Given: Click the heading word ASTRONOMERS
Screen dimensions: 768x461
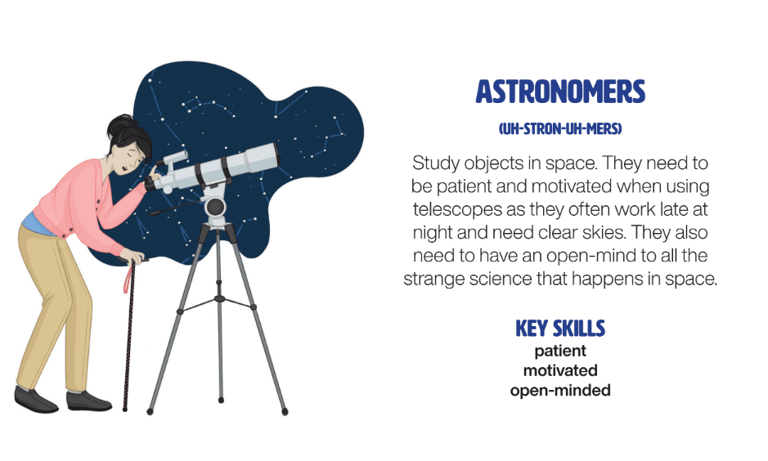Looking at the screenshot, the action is pos(560,92).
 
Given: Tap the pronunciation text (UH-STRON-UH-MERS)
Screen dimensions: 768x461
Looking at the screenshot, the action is pos(560,129).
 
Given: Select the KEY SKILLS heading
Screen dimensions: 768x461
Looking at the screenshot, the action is pos(560,329).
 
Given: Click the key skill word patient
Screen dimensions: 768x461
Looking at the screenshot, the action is pos(560,351).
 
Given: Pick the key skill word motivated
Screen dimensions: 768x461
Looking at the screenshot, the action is pos(560,370).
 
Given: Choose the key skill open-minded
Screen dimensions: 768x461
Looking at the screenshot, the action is pos(560,391).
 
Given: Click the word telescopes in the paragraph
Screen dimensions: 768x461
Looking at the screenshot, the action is pos(457,209).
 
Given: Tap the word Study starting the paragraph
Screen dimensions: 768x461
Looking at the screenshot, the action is pos(435,163).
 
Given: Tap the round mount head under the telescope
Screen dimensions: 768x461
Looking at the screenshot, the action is pos(215,207).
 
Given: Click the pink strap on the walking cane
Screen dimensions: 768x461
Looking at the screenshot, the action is pos(128,276).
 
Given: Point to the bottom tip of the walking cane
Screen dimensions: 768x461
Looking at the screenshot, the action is pos(125,409).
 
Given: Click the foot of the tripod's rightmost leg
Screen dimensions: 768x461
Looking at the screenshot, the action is pos(285,412).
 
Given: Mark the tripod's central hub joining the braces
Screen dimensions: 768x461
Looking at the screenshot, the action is pos(219,298).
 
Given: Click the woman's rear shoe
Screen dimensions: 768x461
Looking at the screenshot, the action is pos(36,399).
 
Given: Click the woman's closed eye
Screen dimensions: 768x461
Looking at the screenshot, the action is pos(130,154).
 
